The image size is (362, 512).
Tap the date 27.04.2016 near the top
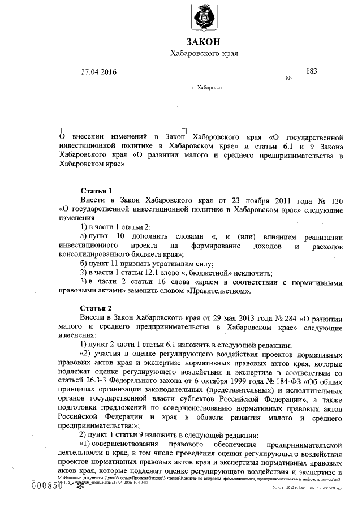tap(99, 72)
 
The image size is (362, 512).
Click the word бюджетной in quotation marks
tap(186, 273)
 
